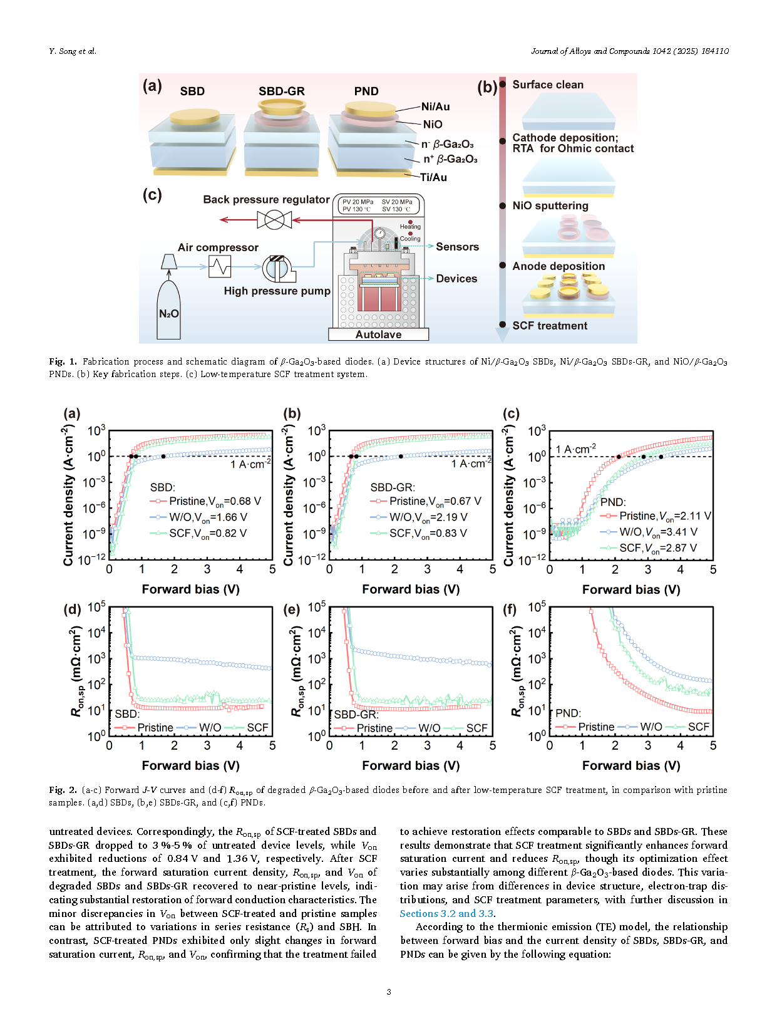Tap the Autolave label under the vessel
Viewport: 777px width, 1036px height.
378,334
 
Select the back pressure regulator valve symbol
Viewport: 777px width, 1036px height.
274,220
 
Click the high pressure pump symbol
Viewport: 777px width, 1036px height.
276,268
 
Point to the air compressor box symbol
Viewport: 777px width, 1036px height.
219,267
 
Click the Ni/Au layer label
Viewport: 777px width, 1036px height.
435,106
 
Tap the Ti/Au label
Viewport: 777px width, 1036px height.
433,177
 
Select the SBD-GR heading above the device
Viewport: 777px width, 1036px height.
281,91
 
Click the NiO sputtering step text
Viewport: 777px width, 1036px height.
550,205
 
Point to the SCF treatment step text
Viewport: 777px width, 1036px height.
549,326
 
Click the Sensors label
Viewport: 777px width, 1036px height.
457,247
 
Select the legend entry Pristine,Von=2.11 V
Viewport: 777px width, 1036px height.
664,516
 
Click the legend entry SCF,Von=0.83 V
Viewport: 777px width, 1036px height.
428,533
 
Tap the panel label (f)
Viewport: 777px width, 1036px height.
511,609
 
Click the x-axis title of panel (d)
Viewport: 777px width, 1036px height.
190,765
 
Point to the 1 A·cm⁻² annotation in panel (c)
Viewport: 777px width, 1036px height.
575,449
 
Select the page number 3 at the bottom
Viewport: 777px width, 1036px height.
389,992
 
